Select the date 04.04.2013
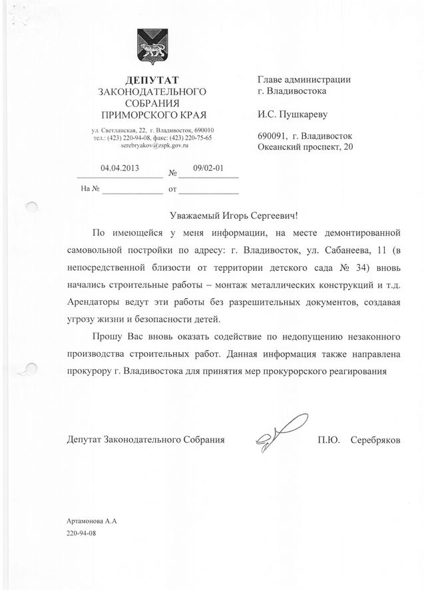(118, 169)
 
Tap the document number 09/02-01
(207, 169)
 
